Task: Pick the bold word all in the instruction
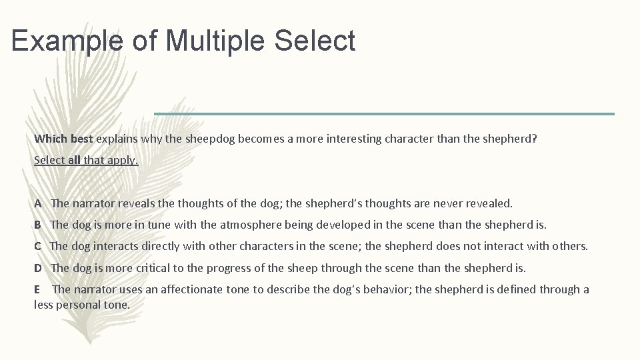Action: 73,160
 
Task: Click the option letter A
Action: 38,203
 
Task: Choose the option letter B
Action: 38,225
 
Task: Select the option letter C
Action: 38,246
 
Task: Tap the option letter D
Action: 38,268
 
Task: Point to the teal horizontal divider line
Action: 384,114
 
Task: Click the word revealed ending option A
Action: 491,203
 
